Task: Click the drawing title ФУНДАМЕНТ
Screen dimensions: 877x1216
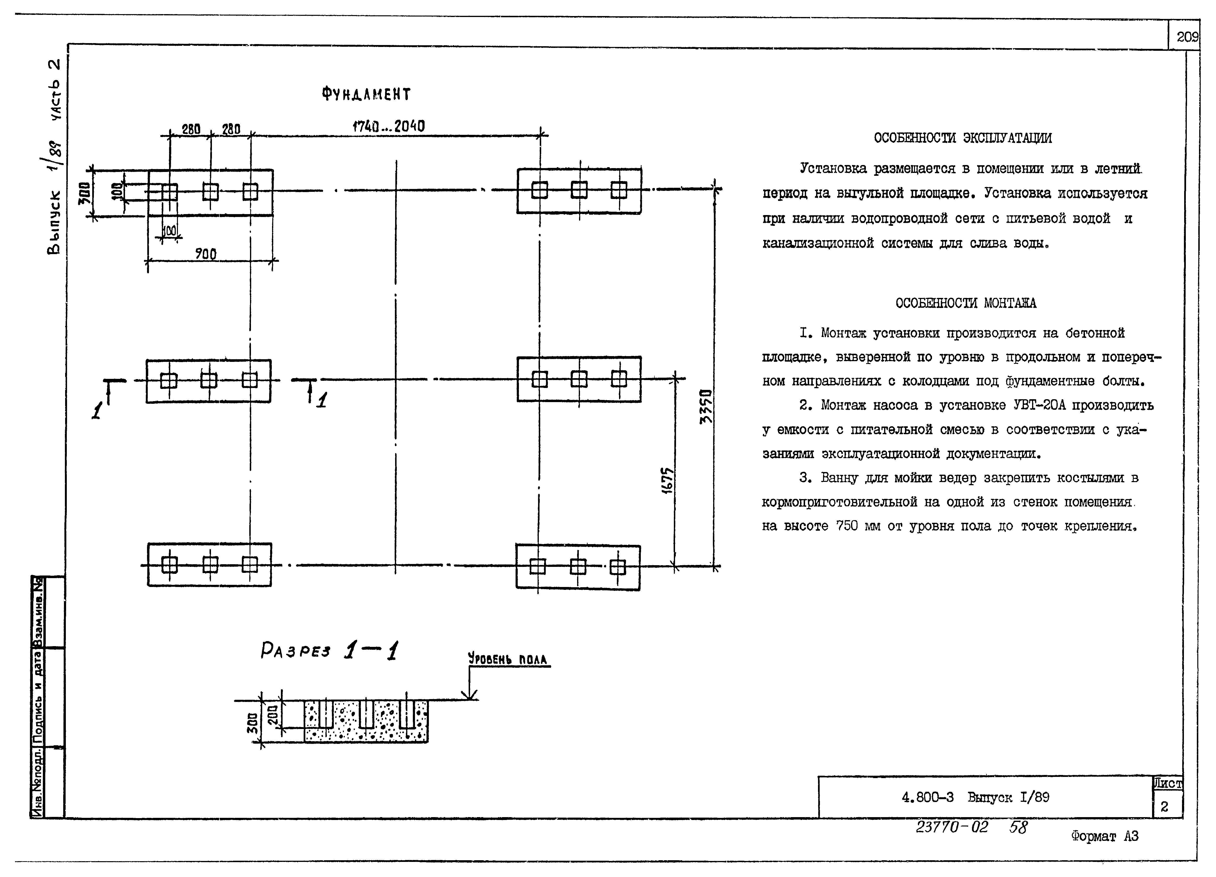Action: coord(366,94)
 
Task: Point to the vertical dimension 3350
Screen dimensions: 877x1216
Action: coord(707,406)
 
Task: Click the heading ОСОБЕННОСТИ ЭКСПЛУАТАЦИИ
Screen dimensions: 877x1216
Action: coord(962,138)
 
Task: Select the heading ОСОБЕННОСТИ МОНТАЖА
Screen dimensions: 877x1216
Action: coord(966,303)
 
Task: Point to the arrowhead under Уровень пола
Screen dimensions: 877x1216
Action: coord(470,696)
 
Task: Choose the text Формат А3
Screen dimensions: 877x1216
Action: coord(1104,836)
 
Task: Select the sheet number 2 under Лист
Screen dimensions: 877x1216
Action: coord(1164,807)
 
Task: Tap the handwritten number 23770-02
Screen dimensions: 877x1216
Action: coord(952,827)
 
